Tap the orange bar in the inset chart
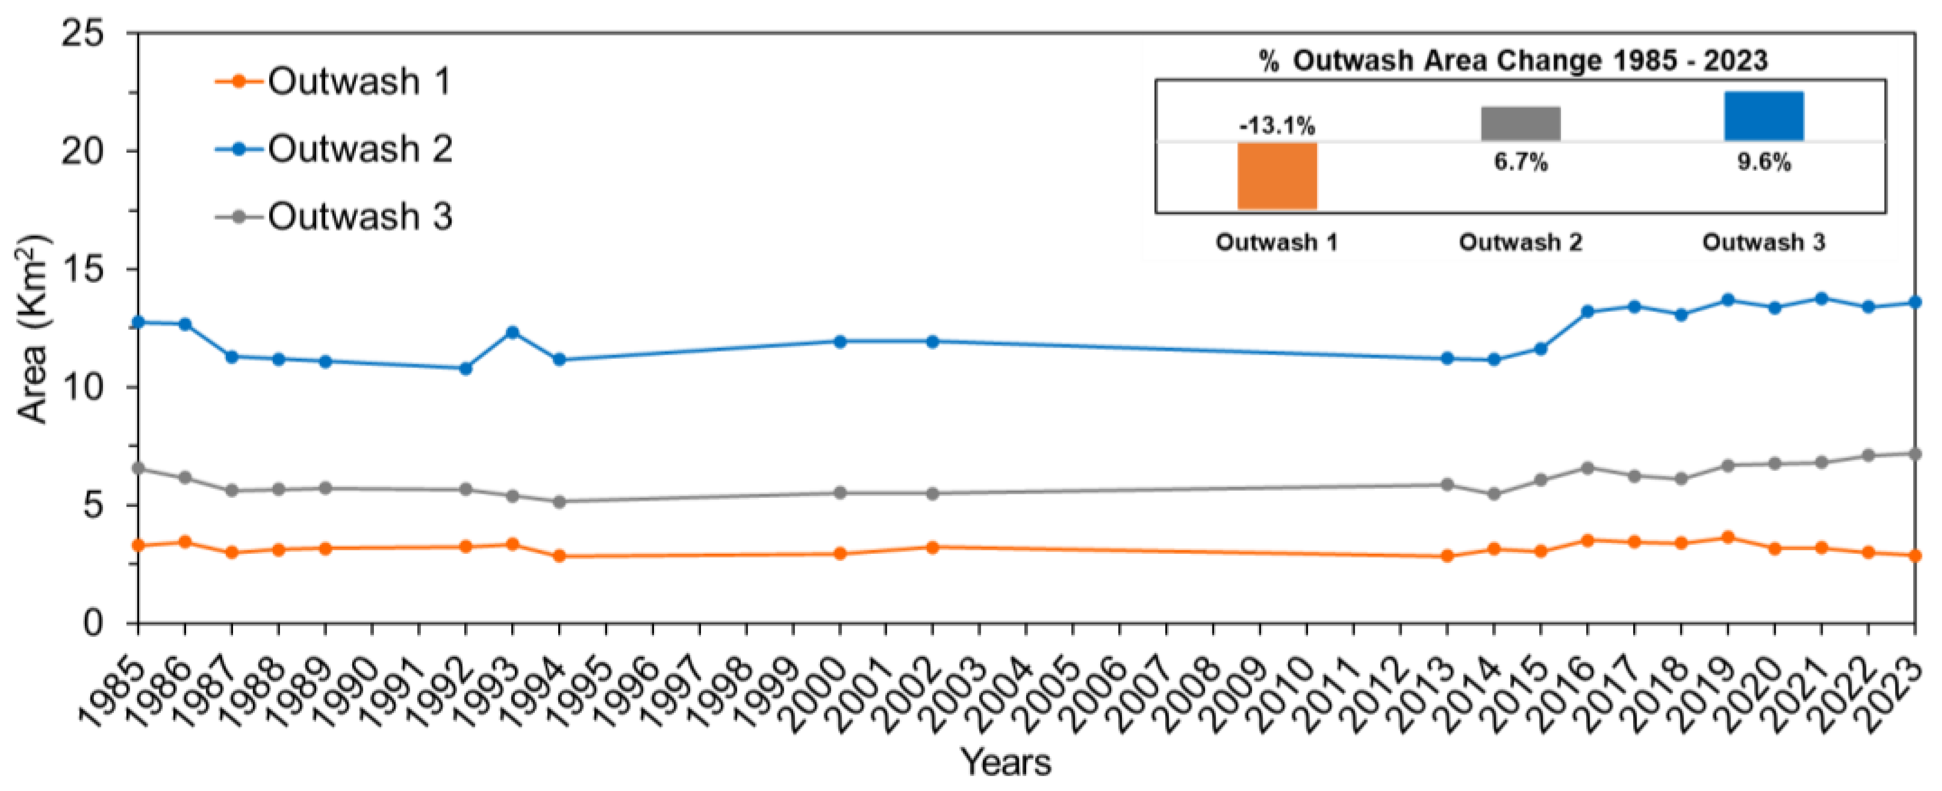[x=1277, y=176]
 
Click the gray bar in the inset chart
[x=1520, y=123]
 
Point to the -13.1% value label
[x=1277, y=125]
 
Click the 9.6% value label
[x=1764, y=162]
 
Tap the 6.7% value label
[x=1520, y=162]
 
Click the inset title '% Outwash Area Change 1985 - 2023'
[x=1513, y=60]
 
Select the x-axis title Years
[x=1005, y=762]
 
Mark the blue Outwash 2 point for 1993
[x=512, y=332]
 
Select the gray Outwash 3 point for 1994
[x=559, y=501]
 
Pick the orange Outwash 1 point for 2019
[x=1727, y=537]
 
